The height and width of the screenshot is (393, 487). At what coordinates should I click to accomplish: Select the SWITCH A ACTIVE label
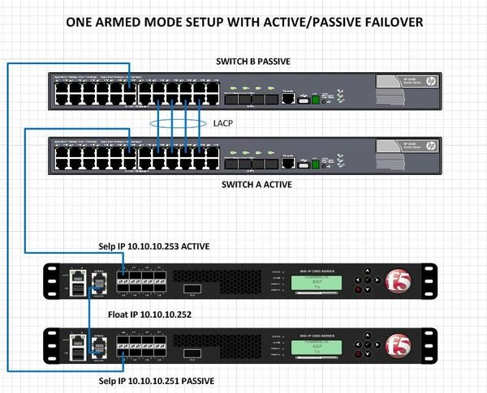[256, 185]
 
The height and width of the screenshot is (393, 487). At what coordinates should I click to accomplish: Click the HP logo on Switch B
[430, 80]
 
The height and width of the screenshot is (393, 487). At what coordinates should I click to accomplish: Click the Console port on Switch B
[288, 99]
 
